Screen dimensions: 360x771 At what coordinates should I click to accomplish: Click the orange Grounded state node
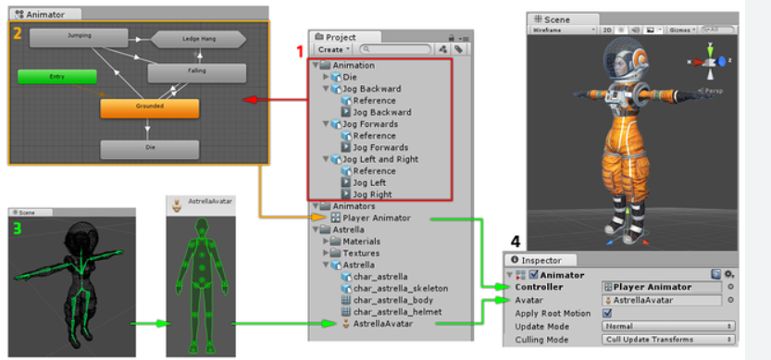point(149,107)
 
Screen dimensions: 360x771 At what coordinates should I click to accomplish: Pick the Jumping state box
point(79,36)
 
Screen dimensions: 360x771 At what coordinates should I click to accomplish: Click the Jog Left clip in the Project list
point(368,183)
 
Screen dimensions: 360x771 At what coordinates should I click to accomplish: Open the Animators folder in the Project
point(354,207)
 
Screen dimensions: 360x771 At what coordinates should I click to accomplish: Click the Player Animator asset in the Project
point(369,218)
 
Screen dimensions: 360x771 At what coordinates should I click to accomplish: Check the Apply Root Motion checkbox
point(607,313)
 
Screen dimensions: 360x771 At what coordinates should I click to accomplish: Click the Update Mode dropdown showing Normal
point(666,327)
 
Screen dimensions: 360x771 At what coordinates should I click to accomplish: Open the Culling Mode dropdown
point(666,340)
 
